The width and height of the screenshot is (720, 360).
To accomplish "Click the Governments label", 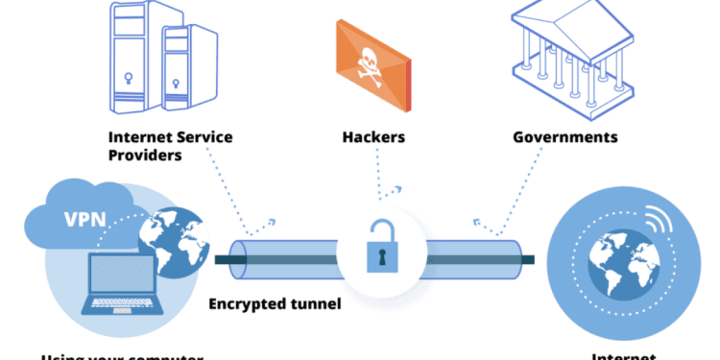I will pyautogui.click(x=564, y=138).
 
